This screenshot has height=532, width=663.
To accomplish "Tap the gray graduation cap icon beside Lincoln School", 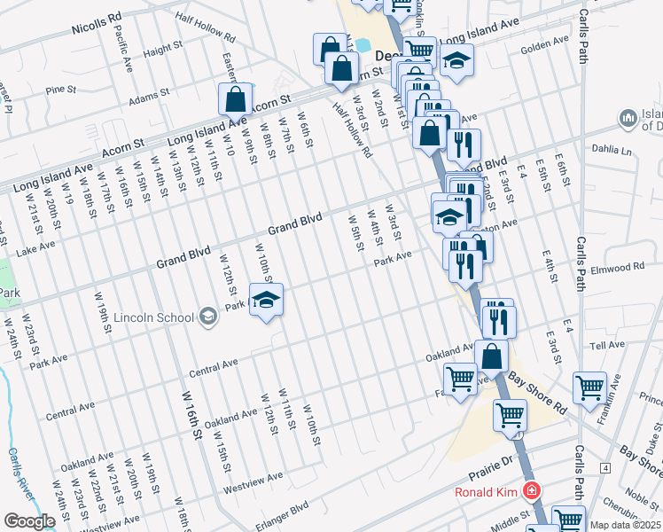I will [207, 317].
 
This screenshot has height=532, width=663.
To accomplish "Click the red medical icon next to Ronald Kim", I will [530, 490].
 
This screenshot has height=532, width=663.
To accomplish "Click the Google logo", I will [29, 521].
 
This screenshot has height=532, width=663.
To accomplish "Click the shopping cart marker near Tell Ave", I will [589, 387].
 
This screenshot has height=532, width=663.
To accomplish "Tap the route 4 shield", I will [604, 467].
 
